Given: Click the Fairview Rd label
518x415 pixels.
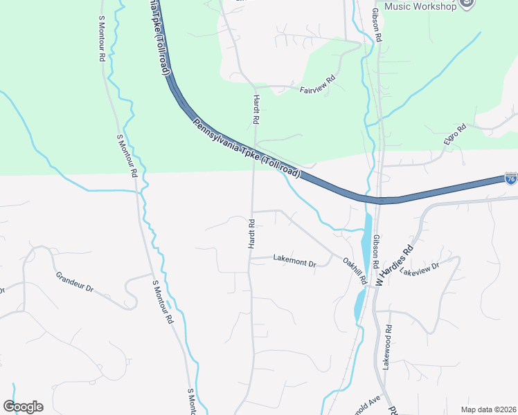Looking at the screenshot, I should pos(317,89).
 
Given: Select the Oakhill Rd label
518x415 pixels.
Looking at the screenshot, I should pos(354,270).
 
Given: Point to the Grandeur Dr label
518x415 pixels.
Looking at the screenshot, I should pos(75,282).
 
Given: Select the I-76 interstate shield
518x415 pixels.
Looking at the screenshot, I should pos(511,178).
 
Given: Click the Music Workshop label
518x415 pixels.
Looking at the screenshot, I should pos(420,6).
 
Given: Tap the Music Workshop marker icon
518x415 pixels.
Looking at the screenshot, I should pos(468,4).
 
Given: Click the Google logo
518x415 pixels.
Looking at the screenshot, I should pos(23,407).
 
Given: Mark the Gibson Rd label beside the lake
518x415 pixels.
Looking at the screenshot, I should pos(375,251).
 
